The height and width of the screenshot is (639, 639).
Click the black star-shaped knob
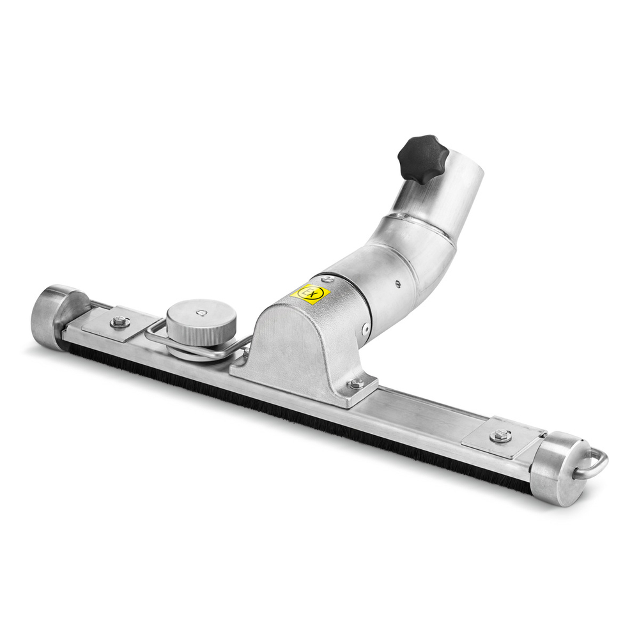422,158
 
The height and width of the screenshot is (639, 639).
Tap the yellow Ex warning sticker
310,294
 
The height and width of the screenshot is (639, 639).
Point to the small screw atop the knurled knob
201,312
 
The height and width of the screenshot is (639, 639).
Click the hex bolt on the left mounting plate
119,322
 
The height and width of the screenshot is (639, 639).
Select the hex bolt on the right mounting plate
500,436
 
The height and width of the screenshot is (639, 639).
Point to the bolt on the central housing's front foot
356,383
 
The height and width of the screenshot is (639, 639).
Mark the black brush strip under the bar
288,409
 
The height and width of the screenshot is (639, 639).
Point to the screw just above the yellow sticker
328,279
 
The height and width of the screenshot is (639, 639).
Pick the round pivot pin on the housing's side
366,329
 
